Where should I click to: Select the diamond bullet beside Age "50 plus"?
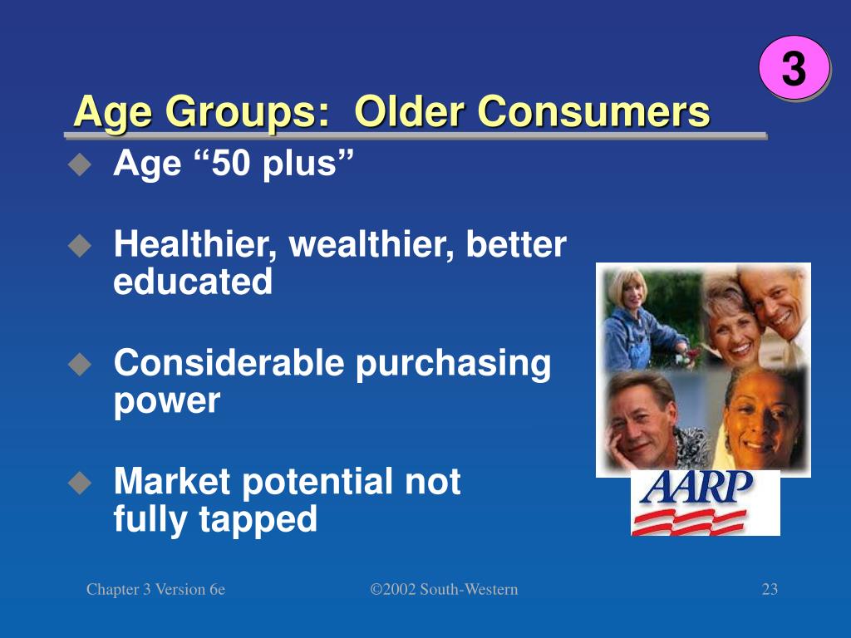pos(79,165)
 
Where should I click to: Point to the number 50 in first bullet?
pos(233,164)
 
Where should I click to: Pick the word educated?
pos(193,282)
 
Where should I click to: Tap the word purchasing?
pos(453,364)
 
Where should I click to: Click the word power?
pos(166,402)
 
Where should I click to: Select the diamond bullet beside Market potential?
pos(79,483)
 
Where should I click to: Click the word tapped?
pos(258,520)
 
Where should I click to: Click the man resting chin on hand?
pos(644,424)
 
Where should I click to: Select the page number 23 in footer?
pos(770,590)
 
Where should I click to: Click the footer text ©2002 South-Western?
pos(444,590)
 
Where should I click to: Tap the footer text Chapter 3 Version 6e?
pos(155,590)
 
